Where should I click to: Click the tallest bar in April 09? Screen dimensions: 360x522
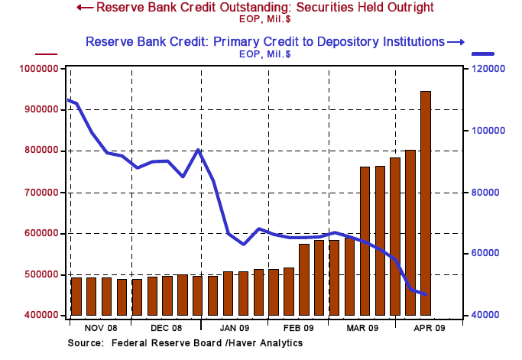(x=426, y=203)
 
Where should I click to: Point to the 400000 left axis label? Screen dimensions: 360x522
(x=39, y=315)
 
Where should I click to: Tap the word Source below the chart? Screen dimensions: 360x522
(x=86, y=342)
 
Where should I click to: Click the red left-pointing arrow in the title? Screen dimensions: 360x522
(x=85, y=8)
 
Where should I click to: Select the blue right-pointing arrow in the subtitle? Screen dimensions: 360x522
(x=456, y=41)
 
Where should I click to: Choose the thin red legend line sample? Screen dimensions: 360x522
(x=47, y=54)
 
